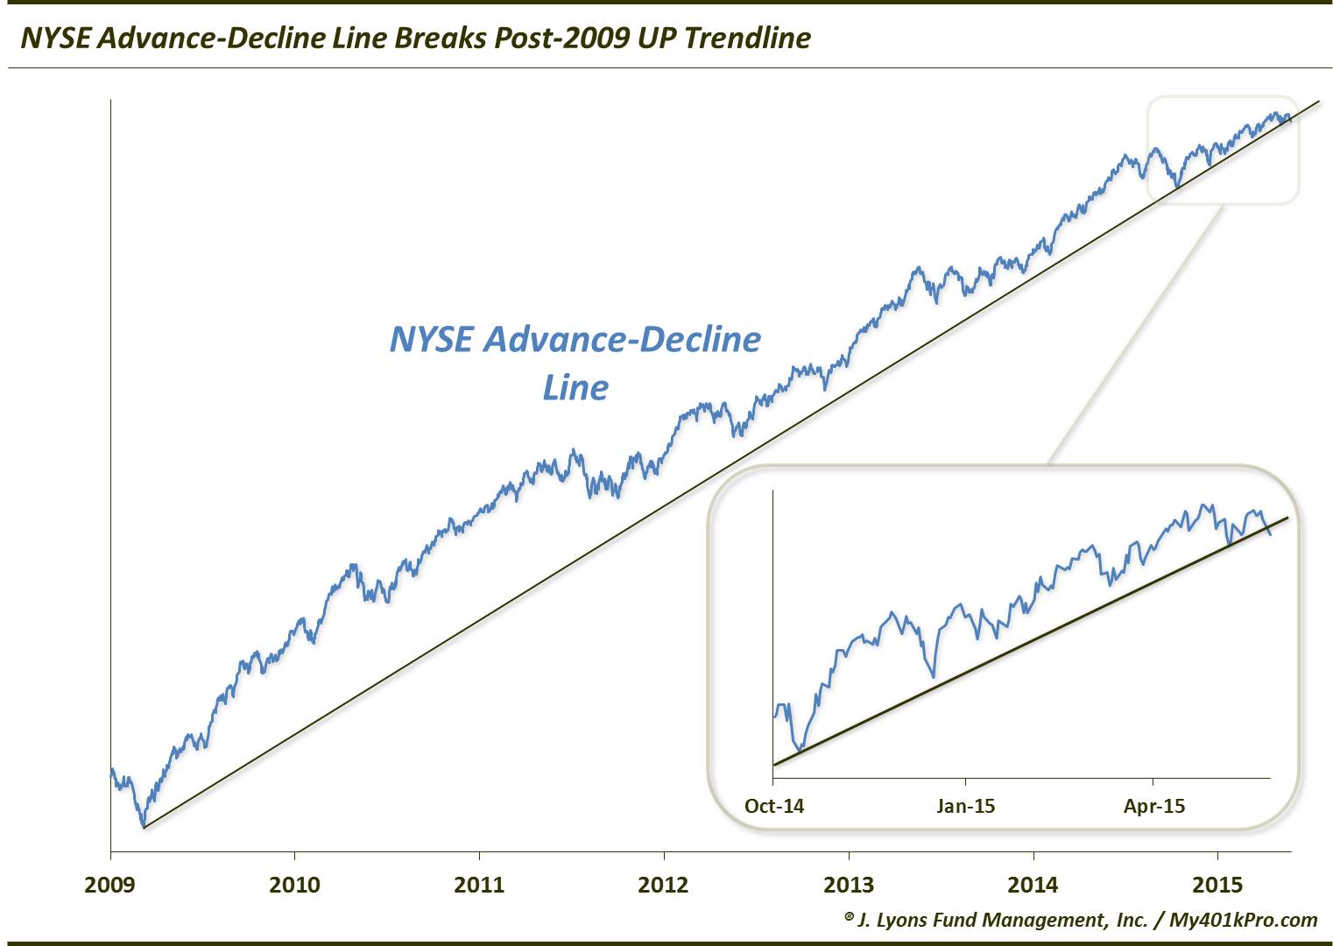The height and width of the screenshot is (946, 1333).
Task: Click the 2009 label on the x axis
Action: point(110,885)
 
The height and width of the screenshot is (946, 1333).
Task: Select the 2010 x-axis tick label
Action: point(295,885)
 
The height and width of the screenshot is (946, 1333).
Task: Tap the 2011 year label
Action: point(480,885)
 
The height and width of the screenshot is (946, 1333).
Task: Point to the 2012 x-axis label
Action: point(664,885)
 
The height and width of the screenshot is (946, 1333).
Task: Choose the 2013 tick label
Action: point(849,885)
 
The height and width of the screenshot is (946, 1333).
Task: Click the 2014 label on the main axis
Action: point(1033,885)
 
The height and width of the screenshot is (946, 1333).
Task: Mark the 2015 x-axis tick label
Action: point(1217,885)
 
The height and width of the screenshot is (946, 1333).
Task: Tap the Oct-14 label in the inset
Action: point(774,806)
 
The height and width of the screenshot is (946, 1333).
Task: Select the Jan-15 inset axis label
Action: point(965,806)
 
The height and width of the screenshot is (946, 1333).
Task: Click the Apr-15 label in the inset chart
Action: point(1154,806)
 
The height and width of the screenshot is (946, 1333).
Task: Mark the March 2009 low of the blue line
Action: point(143,826)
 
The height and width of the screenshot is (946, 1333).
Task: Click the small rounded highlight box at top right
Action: point(1223,150)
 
